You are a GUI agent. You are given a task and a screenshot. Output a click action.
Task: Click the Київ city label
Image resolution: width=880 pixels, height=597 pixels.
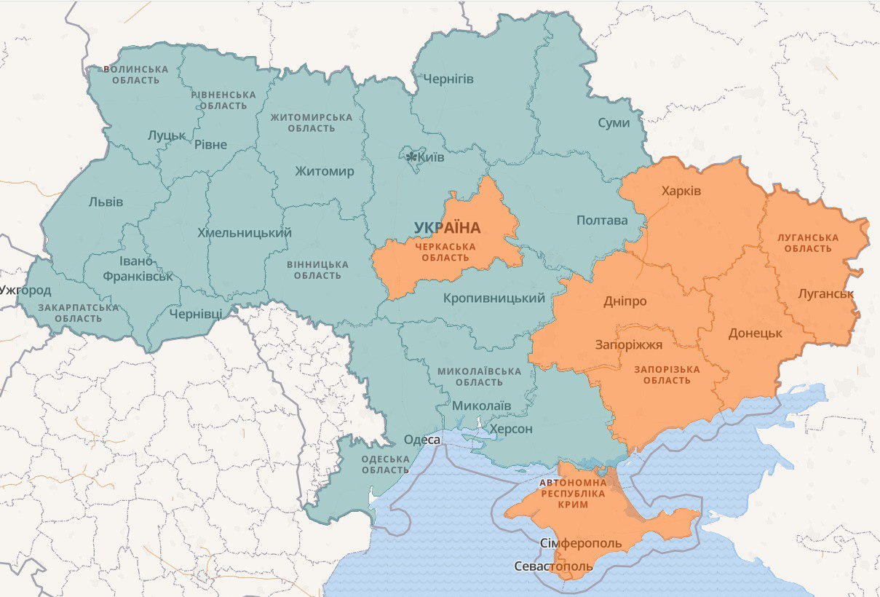(x=431, y=157)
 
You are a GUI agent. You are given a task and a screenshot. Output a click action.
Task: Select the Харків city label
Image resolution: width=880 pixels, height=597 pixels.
(x=681, y=191)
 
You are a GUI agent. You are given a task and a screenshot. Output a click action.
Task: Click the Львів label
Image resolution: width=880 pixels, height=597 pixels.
(x=106, y=202)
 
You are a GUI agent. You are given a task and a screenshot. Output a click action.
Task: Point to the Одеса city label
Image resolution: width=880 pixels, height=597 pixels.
(x=422, y=440)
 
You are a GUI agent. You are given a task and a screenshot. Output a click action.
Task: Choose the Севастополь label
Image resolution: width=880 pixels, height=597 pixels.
(x=548, y=566)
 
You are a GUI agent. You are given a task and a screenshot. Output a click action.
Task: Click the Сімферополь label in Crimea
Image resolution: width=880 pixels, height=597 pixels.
(x=581, y=544)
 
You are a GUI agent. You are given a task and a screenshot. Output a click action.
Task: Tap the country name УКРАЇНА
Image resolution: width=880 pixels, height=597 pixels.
(x=447, y=228)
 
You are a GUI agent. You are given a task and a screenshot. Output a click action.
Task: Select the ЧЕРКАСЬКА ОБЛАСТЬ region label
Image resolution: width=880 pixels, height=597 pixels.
(x=445, y=252)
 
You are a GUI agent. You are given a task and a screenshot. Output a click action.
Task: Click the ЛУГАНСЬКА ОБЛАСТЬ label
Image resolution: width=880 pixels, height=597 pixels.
(x=808, y=243)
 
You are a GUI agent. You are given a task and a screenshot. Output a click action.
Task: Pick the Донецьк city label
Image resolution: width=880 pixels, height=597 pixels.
(x=755, y=333)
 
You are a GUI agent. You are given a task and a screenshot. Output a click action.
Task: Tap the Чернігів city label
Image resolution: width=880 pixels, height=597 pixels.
(x=448, y=79)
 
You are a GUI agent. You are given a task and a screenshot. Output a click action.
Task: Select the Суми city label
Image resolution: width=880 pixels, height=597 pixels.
(x=614, y=122)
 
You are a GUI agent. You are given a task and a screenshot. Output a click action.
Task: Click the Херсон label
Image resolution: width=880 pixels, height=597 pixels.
(x=511, y=429)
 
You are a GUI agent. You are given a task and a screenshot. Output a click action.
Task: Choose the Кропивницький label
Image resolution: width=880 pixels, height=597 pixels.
(x=494, y=298)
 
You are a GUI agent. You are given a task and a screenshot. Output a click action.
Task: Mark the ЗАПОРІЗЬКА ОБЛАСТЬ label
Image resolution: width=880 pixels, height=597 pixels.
(x=667, y=375)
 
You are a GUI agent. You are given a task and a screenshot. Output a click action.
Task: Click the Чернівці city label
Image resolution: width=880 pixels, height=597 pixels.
(x=196, y=314)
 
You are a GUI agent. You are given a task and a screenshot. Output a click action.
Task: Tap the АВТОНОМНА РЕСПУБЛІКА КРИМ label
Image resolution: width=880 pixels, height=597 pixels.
(x=572, y=493)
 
